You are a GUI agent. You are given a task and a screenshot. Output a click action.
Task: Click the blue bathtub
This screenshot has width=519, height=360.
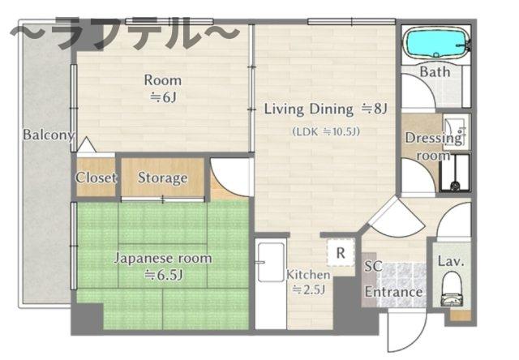point(436,43)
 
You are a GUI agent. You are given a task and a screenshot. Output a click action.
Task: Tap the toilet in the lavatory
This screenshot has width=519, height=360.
point(452,289)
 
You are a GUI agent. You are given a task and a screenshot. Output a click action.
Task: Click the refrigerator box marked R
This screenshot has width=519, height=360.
point(341,252)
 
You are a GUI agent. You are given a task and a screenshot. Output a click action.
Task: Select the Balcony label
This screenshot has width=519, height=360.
point(48,135)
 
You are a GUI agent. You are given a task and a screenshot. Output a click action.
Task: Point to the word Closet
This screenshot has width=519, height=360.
point(96,178)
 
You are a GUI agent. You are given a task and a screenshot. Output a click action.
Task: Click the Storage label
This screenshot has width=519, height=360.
point(162,178)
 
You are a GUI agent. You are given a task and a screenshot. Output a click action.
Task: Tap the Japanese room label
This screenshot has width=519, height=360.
point(162,258)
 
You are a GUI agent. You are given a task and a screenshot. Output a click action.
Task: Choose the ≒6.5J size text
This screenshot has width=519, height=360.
point(164,275)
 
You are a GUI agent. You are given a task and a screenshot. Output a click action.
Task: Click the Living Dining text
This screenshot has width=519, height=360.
point(308,109)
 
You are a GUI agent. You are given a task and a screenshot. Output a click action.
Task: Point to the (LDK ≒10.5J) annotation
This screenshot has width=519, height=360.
point(326,131)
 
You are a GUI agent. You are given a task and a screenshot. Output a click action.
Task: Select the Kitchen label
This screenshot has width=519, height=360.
point(308,275)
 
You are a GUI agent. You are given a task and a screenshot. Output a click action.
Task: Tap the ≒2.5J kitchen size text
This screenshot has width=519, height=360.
point(308,289)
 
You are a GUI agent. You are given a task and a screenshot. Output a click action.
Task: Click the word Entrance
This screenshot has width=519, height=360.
point(393,292)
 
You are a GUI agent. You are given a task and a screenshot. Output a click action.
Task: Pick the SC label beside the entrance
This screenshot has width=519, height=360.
point(373,267)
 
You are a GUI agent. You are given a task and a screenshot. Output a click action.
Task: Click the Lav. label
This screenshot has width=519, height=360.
point(451,261)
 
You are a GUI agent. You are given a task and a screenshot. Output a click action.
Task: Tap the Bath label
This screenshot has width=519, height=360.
point(435,72)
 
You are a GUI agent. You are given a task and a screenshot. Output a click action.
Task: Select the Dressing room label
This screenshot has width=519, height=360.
point(434,146)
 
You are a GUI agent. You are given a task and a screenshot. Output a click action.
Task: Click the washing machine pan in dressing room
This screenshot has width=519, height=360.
point(455,173)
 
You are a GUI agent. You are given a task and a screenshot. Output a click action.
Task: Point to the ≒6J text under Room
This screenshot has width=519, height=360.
point(163,97)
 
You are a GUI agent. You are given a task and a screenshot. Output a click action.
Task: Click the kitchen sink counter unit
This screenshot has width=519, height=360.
point(271,284)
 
